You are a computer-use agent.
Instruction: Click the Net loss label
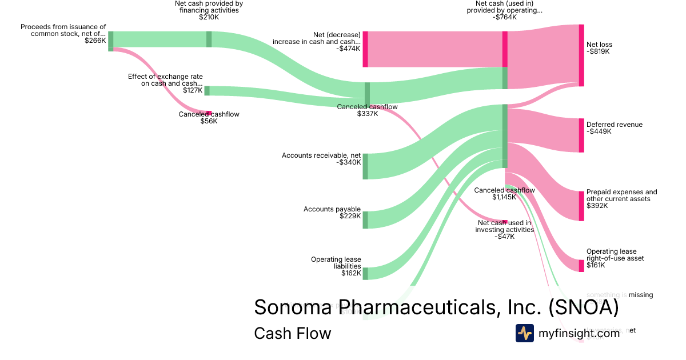pyautogui.click(x=599, y=45)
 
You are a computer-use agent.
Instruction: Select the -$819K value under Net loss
pyautogui.click(x=598, y=51)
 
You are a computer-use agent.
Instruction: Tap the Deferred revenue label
pyautogui.click(x=614, y=125)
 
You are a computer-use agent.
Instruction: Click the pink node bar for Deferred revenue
pyautogui.click(x=581, y=135)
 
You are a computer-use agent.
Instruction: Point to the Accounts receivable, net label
pyautogui.click(x=321, y=155)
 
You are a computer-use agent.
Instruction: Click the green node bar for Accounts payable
pyautogui.click(x=365, y=220)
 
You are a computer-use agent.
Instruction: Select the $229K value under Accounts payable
pyautogui.click(x=350, y=216)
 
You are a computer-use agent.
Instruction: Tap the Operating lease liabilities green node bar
pyautogui.click(x=365, y=273)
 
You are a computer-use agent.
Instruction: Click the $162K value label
pyautogui.click(x=351, y=273)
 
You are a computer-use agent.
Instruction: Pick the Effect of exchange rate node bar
pyautogui.click(x=207, y=91)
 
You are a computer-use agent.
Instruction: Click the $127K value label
pyautogui.click(x=193, y=90)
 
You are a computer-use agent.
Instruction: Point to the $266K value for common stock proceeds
pyautogui.click(x=95, y=41)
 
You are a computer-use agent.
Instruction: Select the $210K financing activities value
pyautogui.click(x=209, y=17)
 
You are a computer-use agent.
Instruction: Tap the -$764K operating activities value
pyautogui.click(x=504, y=17)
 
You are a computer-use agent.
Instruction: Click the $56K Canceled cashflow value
pyautogui.click(x=209, y=121)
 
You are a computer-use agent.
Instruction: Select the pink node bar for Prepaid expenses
pyautogui.click(x=581, y=206)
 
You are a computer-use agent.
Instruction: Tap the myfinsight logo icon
pyautogui.click(x=524, y=333)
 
